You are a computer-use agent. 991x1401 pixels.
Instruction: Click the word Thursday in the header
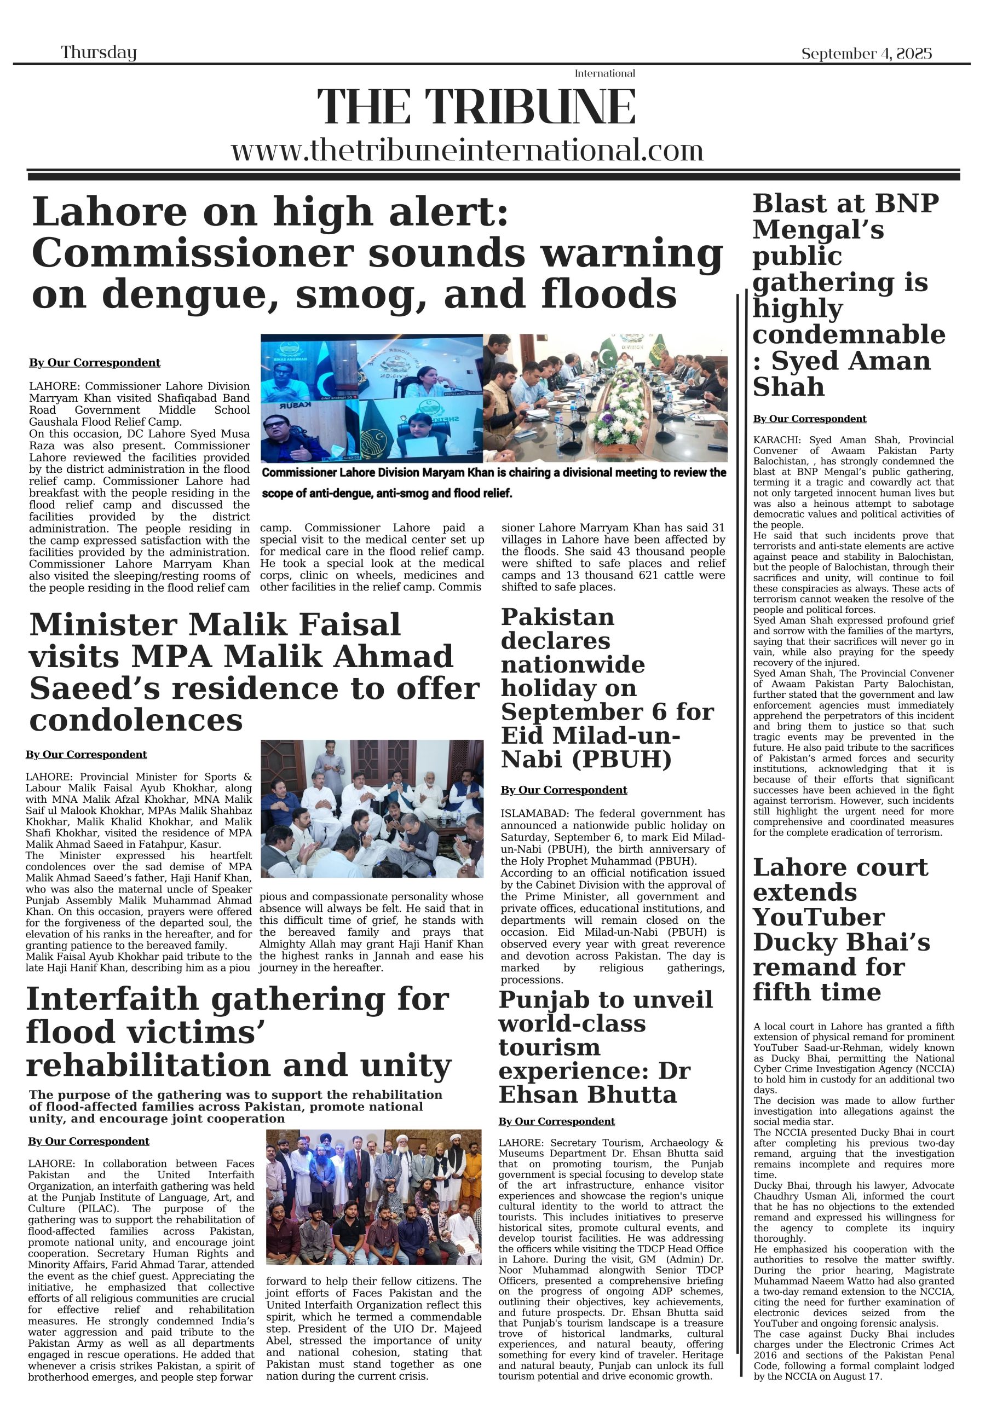[99, 53]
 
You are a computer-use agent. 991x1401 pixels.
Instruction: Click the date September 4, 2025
[866, 54]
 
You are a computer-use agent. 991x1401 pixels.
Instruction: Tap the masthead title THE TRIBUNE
[476, 107]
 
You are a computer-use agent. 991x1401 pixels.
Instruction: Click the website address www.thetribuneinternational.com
[467, 150]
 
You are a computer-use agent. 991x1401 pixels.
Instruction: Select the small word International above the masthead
[604, 73]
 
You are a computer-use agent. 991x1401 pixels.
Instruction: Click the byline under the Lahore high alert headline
[95, 362]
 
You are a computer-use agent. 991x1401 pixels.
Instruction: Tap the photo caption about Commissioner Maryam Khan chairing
[493, 482]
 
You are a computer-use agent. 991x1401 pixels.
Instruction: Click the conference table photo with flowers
[605, 397]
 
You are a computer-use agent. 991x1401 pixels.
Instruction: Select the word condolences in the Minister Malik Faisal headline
[136, 721]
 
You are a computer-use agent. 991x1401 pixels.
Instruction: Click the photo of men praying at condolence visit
[372, 808]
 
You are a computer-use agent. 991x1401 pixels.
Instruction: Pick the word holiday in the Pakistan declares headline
[568, 688]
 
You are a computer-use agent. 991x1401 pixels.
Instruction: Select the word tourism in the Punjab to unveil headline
[549, 1047]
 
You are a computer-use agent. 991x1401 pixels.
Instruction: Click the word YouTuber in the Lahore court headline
[818, 917]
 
